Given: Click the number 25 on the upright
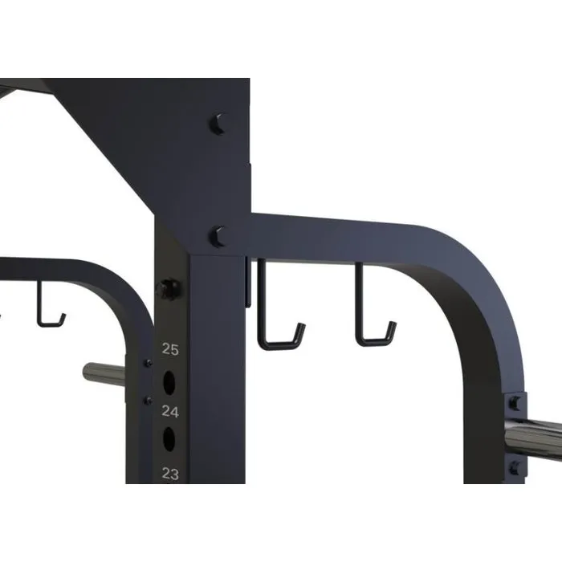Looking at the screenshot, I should (x=170, y=348).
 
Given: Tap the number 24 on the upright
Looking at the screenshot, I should (x=170, y=412).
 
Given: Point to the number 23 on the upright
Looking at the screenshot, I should (x=170, y=473).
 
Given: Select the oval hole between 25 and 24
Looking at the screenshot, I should (x=170, y=382).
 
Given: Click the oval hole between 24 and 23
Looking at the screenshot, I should (x=170, y=439).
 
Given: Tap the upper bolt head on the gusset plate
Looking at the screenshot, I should (x=218, y=124).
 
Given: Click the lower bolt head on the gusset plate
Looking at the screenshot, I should (x=218, y=236).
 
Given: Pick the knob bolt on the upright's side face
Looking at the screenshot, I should (x=169, y=288).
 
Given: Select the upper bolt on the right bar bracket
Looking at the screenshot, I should (x=514, y=403).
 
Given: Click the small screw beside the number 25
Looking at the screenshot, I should (x=147, y=364).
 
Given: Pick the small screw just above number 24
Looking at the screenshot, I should (x=147, y=398).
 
